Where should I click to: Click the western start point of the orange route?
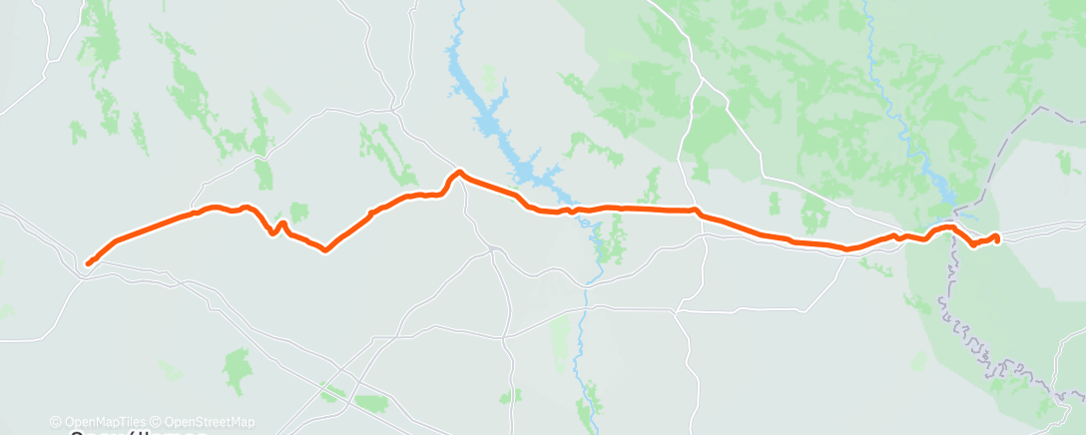pyautogui.click(x=88, y=263)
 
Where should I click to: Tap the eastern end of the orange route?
pyautogui.click(x=996, y=236)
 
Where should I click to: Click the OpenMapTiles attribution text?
pyautogui.click(x=99, y=422)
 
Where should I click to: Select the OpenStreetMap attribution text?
pyautogui.click(x=210, y=422)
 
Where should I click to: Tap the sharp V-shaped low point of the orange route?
pyautogui.click(x=325, y=250)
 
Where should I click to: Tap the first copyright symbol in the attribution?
pyautogui.click(x=56, y=422)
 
